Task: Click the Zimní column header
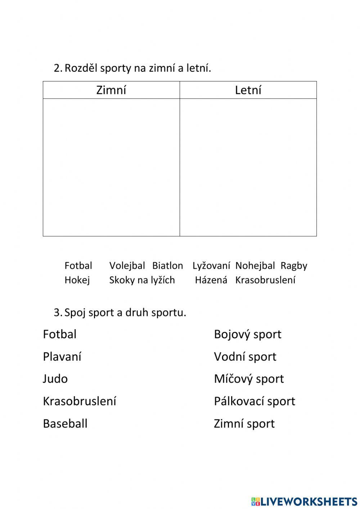coord(111,90)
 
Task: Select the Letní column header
coord(248,90)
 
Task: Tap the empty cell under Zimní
coord(111,167)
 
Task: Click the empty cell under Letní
coord(248,167)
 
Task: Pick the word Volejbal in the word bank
coord(127,266)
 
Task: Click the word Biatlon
coord(167,266)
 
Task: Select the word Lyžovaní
coord(211,266)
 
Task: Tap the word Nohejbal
coord(255,266)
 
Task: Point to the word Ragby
coord(294,266)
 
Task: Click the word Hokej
coord(77,280)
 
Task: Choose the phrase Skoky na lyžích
coord(142,280)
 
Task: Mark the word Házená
coord(211,280)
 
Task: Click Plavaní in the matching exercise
coord(62,357)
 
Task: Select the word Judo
coord(55,379)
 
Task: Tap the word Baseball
coord(65,424)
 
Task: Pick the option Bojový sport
coord(247,334)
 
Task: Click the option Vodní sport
coord(245,357)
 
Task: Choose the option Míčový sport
coord(249,379)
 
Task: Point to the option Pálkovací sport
coord(254,401)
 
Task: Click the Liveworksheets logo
coord(304,501)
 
